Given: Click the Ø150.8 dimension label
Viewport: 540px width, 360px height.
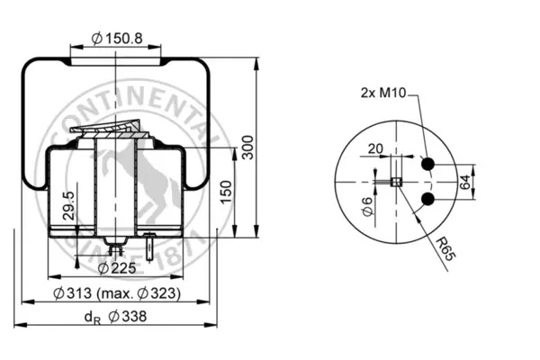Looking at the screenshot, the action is click(117, 38).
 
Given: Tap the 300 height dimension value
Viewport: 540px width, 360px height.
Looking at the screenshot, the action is click(247, 148).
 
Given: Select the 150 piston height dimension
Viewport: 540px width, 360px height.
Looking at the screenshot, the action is click(226, 192).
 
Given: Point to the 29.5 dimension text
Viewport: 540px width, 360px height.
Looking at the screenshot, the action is click(69, 206).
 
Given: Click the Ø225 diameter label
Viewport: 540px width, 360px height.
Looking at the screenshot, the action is click(117, 268).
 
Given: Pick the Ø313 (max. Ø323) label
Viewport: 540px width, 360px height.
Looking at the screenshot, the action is click(117, 293).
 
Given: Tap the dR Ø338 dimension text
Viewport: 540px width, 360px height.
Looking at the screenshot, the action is click(116, 317).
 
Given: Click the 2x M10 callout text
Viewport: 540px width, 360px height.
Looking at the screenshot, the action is click(383, 93).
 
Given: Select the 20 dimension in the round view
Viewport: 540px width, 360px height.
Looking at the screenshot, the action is click(375, 148).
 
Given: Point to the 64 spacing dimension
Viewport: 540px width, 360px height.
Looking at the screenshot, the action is click(464, 182).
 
